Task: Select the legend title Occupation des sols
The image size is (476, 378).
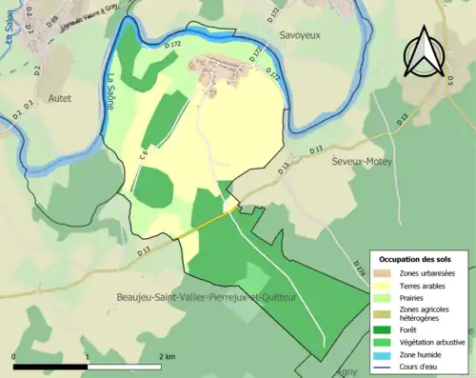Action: point(415,259)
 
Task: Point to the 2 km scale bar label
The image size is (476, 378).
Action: point(168,356)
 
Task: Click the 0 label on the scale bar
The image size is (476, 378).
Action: point(14,356)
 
